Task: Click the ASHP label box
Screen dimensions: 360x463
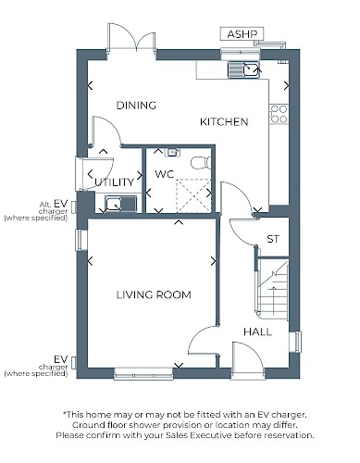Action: coord(242,33)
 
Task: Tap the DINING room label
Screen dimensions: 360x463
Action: coord(136,106)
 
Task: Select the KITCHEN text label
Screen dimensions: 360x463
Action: coord(224,122)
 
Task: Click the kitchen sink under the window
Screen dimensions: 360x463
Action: coord(243,69)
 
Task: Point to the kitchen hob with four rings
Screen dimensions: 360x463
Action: coord(279,114)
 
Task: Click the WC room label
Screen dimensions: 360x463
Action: coord(165,174)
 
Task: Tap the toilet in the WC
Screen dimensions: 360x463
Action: coord(201,163)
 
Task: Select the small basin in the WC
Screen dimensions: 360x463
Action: coord(174,152)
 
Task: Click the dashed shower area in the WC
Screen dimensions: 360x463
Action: coord(193,195)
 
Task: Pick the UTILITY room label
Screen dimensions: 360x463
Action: coord(114,182)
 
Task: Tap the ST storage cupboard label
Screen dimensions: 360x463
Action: coord(273,239)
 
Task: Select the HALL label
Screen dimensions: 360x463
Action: coord(258,332)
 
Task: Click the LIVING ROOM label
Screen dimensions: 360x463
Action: coord(154,294)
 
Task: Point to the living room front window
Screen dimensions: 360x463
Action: coord(143,373)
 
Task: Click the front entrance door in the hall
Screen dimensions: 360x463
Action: coord(248,360)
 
